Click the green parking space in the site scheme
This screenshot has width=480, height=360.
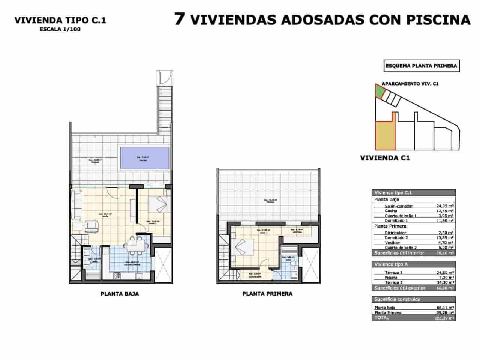379,91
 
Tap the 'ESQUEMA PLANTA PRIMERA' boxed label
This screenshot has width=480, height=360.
421,66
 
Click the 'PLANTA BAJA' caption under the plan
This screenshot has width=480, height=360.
120,294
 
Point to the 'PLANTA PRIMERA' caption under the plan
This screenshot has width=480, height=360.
267,294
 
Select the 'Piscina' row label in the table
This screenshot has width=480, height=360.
391,278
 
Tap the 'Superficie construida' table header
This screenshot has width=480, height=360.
392,299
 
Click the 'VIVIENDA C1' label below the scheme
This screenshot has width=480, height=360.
385,158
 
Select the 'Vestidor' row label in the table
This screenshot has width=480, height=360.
392,243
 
